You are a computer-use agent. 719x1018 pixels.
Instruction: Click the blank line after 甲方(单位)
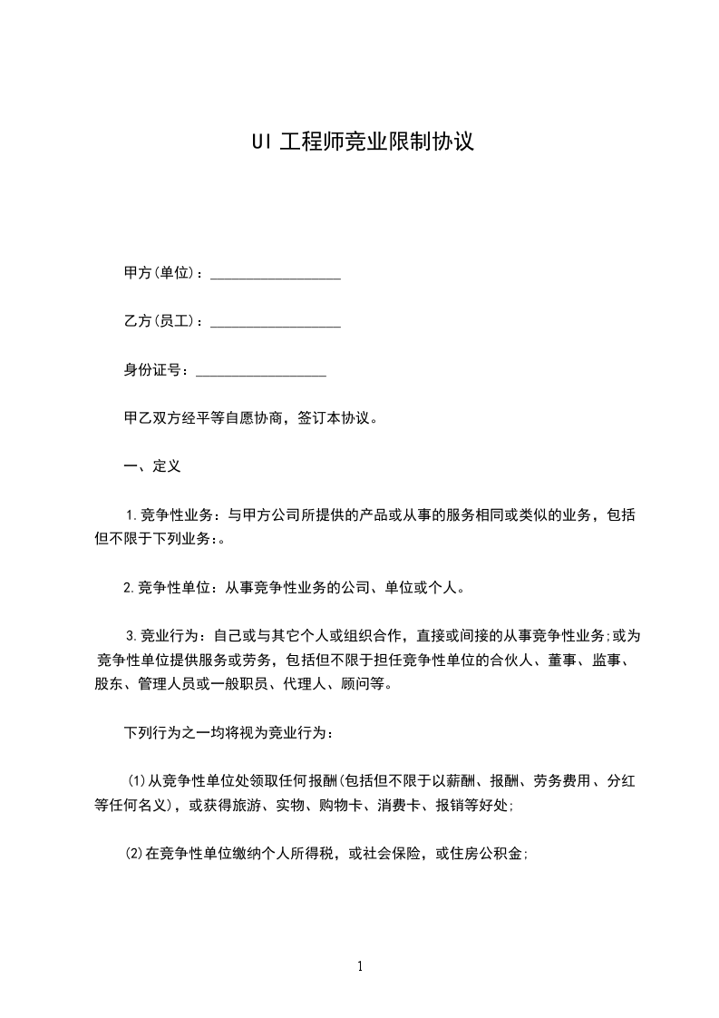276,273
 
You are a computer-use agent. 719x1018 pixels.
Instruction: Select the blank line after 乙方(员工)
276,321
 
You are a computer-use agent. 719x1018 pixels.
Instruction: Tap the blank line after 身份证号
261,370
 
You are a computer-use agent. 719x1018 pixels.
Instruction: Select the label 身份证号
154,370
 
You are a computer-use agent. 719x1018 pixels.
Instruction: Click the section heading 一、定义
152,467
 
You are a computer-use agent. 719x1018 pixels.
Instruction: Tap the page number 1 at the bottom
360,966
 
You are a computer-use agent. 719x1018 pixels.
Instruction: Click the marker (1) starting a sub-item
135,780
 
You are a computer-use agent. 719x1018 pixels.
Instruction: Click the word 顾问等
371,684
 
